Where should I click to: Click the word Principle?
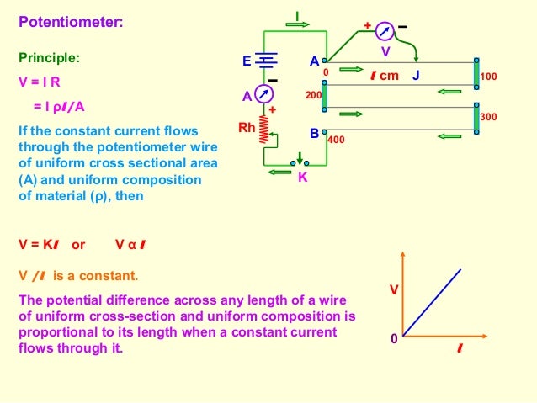(50, 60)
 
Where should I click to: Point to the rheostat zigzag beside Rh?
(266, 129)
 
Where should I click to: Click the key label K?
(302, 177)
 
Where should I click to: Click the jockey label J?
(416, 76)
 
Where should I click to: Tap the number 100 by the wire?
(489, 77)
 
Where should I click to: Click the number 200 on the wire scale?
(313, 96)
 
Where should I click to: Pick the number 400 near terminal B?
(336, 140)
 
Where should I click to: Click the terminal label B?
(314, 133)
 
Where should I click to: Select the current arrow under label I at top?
(297, 24)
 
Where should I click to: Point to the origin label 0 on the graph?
(393, 339)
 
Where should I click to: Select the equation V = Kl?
(39, 245)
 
